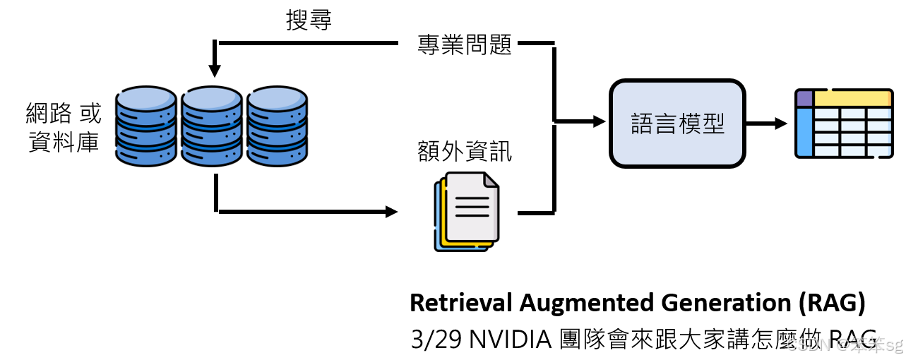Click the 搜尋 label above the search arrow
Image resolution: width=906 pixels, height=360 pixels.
(x=309, y=20)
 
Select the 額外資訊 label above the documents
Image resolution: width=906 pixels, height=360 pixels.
(x=465, y=151)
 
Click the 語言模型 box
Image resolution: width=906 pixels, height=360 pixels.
(x=677, y=124)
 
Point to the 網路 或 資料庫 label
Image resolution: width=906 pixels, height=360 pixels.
(x=64, y=127)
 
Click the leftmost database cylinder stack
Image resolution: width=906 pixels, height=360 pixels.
(x=146, y=126)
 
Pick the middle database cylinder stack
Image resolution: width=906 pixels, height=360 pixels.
(x=212, y=126)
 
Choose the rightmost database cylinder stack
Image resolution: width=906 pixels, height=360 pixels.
(x=277, y=126)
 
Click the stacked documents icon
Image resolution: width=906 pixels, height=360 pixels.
(x=466, y=211)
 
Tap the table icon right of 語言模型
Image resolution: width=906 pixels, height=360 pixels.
(x=843, y=124)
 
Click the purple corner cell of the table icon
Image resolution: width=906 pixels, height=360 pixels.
(x=804, y=98)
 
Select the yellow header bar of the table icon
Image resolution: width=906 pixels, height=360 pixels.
(x=852, y=98)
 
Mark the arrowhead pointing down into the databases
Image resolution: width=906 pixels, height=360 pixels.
(x=215, y=71)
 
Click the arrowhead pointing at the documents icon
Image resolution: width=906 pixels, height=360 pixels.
(x=391, y=211)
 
